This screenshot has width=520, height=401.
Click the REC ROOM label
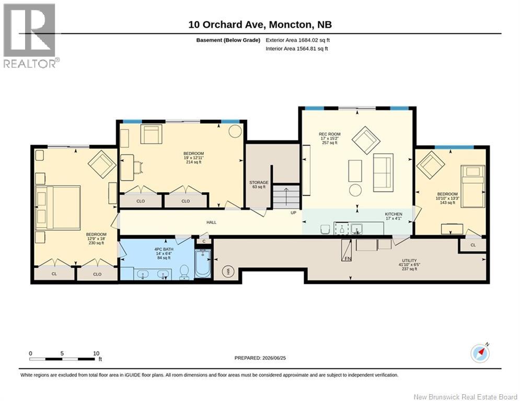click(330, 134)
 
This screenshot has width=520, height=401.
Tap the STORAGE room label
click(259, 183)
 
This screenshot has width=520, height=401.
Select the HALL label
click(211, 222)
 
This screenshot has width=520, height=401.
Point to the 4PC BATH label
click(164, 249)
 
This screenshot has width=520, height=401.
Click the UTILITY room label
click(409, 261)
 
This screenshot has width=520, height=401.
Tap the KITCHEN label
click(394, 214)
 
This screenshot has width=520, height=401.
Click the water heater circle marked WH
click(228, 272)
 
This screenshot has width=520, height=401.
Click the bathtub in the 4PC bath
click(203, 264)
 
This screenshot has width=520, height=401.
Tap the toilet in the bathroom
click(184, 272)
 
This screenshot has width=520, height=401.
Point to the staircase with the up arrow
click(286, 197)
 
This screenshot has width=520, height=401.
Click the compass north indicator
click(480, 353)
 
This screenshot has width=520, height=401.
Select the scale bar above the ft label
click(63, 359)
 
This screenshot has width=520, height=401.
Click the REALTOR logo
click(31, 36)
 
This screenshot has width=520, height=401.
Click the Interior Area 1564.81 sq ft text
click(297, 49)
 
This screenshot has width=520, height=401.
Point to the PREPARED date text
click(260, 358)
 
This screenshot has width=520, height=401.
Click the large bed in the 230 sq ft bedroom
click(58, 208)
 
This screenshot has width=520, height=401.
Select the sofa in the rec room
click(384, 173)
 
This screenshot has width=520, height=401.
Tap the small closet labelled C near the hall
click(204, 241)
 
